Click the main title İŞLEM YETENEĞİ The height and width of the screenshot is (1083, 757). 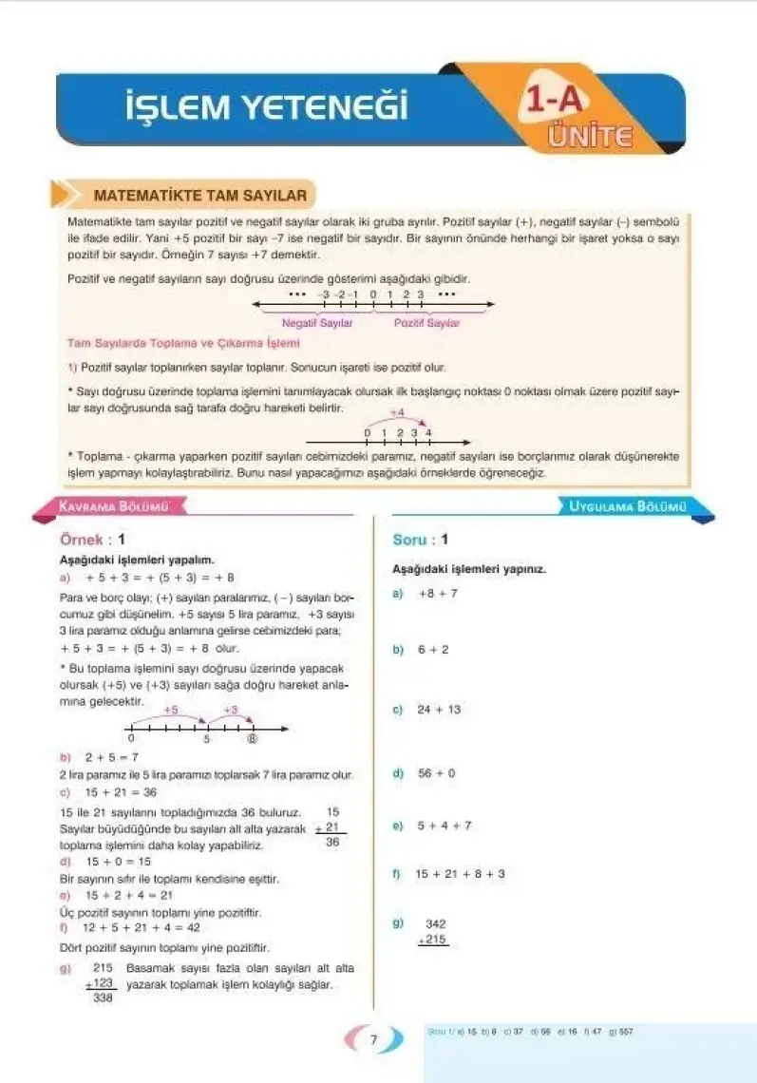pos(267,105)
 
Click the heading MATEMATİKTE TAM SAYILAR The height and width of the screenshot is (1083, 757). pos(200,196)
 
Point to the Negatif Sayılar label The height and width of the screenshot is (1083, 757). pos(317,323)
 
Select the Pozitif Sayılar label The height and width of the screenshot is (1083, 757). pos(426,323)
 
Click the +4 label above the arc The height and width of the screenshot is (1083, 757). pos(398,414)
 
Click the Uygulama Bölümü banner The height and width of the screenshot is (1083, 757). pos(627,507)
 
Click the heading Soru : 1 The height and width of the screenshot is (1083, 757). pos(420,540)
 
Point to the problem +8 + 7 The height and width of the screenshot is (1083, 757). pos(438,593)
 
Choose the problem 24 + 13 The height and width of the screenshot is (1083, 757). pos(439,709)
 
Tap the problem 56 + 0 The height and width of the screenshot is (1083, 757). pos(437,773)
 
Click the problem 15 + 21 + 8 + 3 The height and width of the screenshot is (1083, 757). pos(461,874)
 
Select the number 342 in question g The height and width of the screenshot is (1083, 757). pos(436,923)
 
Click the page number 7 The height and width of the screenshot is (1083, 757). pos(374,1039)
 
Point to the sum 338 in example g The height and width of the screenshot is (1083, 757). pos(104,998)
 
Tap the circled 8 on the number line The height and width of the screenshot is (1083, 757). pos(252,738)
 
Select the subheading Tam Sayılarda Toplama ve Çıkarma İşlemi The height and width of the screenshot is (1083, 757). pos(183,343)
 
